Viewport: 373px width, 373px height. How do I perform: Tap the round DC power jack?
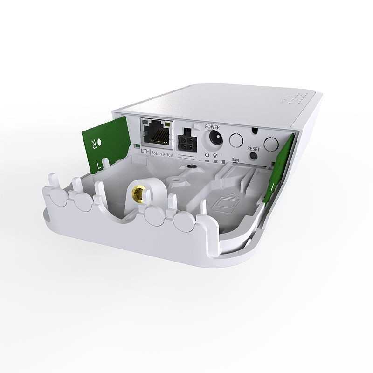point(215,138)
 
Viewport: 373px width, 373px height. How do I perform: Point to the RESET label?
point(254,149)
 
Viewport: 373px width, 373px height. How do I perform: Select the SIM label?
point(236,160)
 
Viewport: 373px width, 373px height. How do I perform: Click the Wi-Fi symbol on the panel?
point(215,155)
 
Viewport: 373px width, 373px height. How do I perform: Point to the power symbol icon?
point(207,155)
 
